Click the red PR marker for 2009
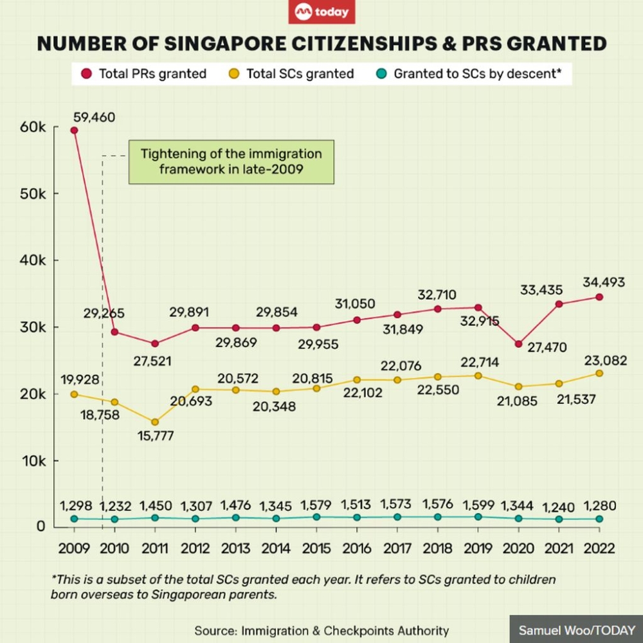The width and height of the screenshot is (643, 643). [75, 131]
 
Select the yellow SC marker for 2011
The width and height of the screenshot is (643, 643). [155, 422]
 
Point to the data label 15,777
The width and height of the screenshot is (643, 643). [155, 437]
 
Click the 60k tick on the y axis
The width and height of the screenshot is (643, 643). [32, 127]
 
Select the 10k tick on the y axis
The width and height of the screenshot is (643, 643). [32, 461]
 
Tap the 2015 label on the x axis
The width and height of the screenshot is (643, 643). [316, 548]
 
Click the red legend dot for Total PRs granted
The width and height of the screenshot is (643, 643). [88, 73]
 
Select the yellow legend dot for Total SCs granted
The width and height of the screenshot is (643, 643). [236, 73]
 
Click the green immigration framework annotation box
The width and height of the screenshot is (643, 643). [231, 162]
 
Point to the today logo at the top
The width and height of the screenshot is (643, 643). [321, 12]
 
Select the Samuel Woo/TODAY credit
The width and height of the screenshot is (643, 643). [576, 630]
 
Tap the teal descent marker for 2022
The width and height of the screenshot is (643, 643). [599, 518]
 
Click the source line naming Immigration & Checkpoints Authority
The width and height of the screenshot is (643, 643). [321, 630]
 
